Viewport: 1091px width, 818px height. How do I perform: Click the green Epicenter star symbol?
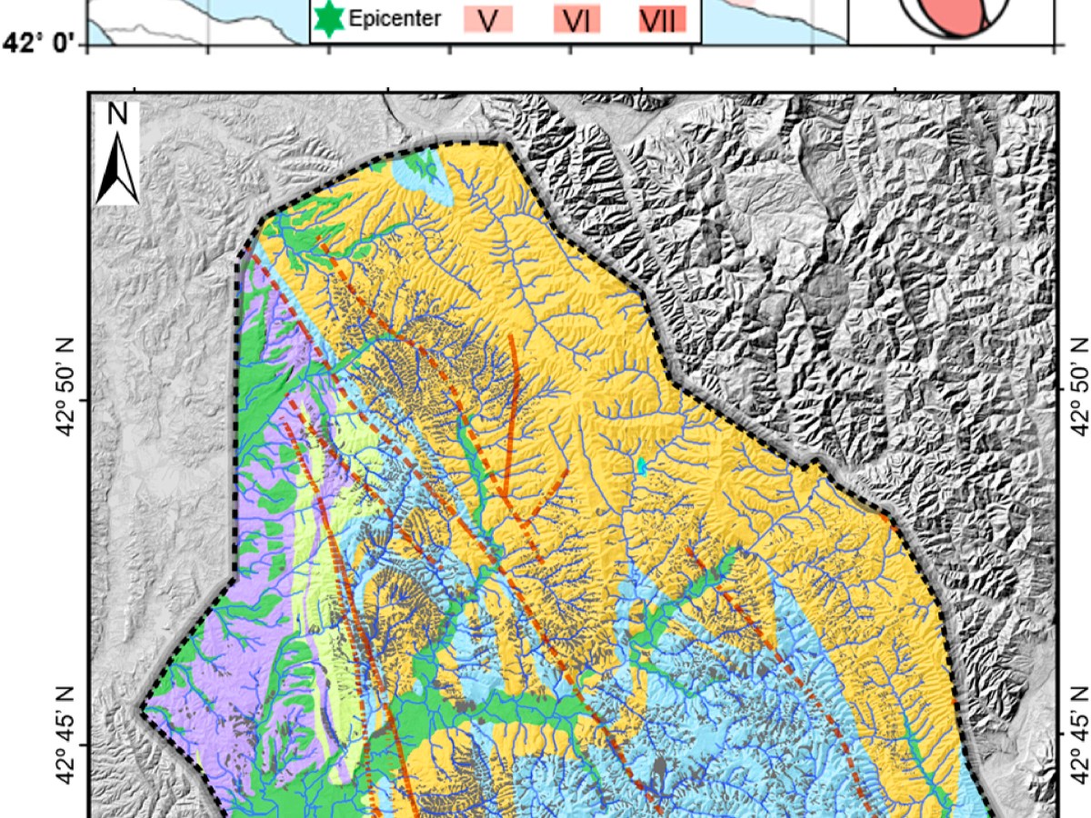328,17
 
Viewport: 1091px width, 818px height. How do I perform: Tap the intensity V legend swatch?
488,19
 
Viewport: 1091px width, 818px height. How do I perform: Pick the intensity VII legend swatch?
661,19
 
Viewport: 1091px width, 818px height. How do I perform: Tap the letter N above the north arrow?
117,114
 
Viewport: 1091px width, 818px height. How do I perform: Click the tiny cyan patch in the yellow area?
642,466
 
